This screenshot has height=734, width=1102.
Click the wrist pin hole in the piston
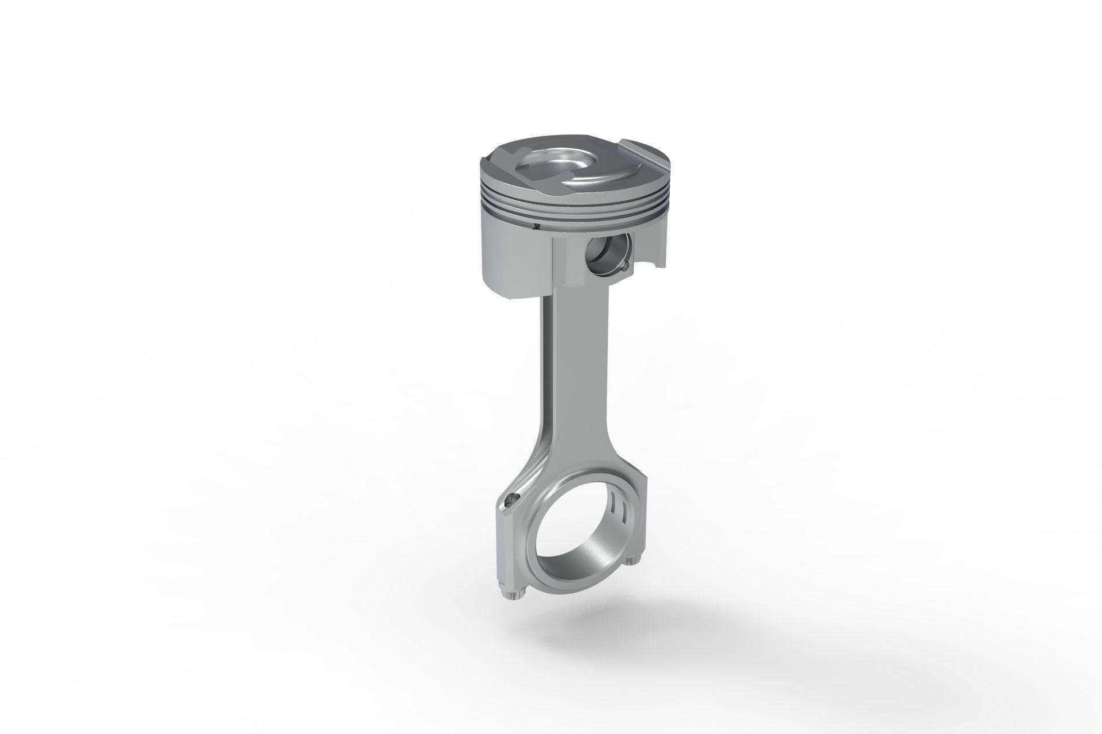[x=606, y=254]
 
